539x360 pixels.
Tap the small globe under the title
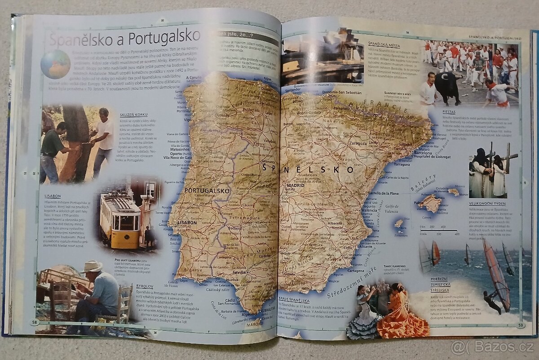point(55,64)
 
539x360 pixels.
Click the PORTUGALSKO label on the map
point(207,190)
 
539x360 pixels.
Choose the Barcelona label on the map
point(423,153)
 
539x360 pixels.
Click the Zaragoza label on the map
point(358,143)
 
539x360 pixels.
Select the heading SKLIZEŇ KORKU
point(134,115)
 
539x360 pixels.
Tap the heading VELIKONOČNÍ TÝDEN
point(487,204)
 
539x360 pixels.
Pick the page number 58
point(34,322)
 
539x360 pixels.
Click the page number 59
point(520,325)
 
